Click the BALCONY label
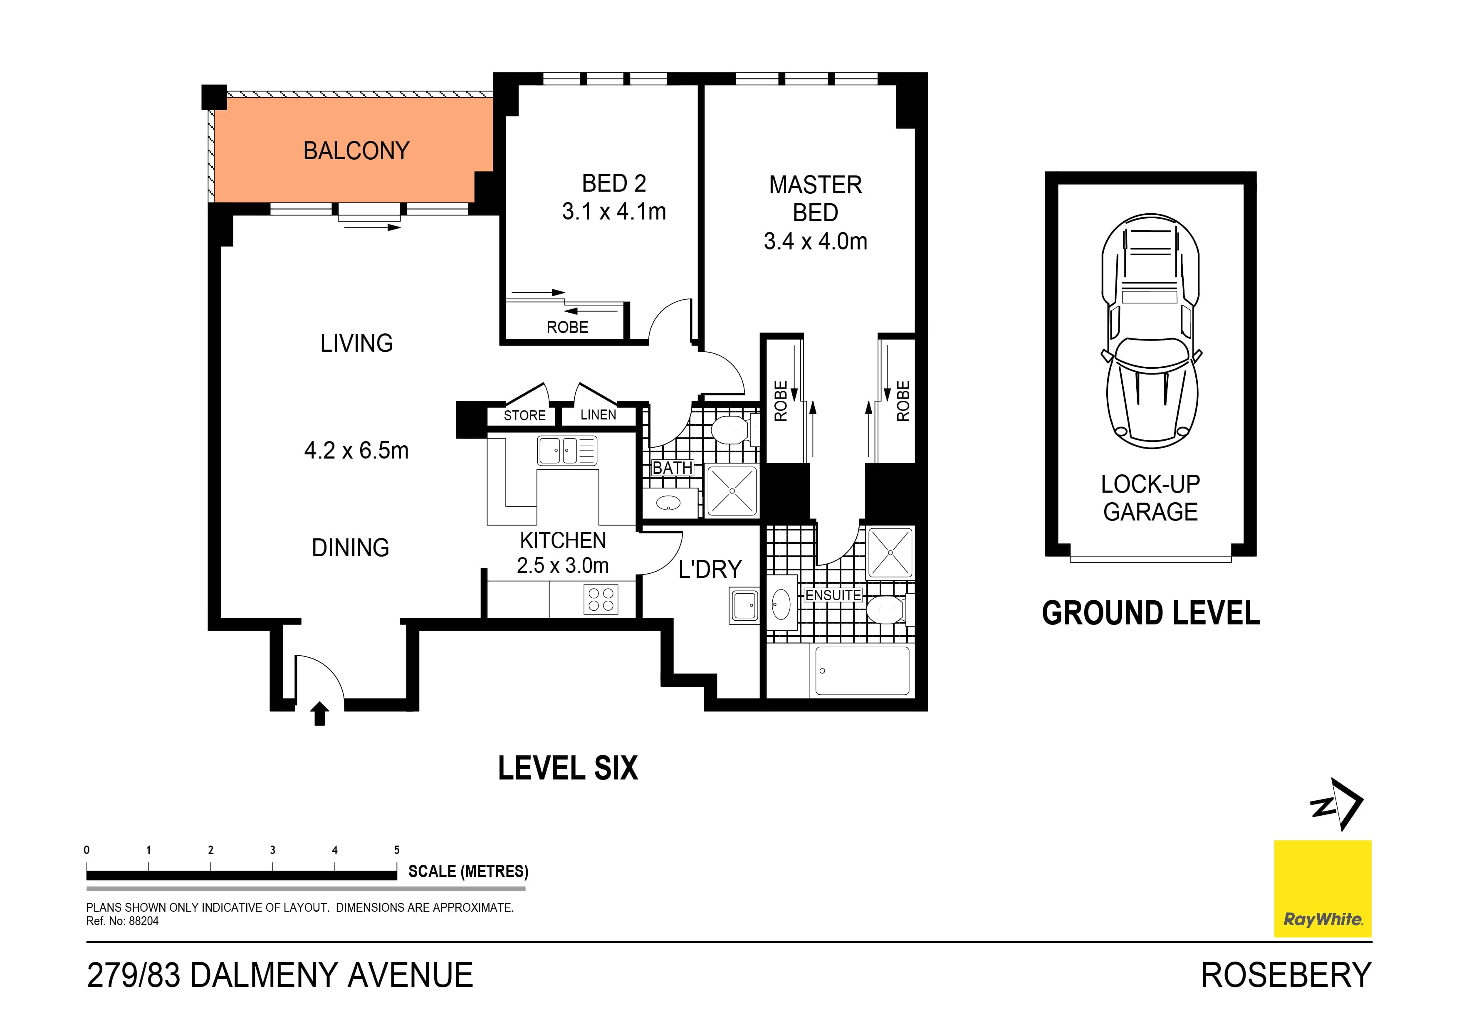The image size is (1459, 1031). pos(356,151)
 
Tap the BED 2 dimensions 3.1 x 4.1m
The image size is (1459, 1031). pos(614,212)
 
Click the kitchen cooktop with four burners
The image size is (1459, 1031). pos(601,599)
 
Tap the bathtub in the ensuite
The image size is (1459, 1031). pos(862,671)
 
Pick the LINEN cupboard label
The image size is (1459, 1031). pos(598,415)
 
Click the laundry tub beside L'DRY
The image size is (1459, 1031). pos(744,605)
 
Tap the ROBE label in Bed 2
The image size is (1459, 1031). pos(567,327)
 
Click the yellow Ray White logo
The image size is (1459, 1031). pos(1323,889)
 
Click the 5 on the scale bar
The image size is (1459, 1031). pos(396,850)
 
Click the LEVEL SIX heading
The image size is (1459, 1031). pos(567,769)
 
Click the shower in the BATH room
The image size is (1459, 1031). pos(732,491)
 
